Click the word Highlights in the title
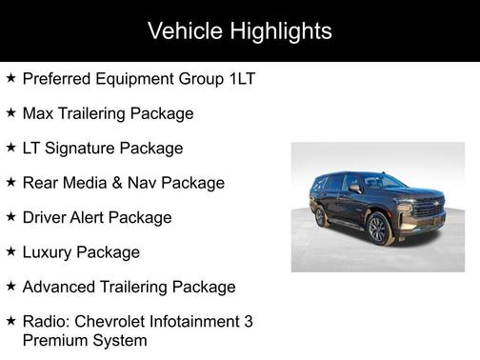coord(281,31)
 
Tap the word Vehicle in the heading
coord(185,31)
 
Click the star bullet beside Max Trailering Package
coord(10,112)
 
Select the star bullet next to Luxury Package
coord(10,251)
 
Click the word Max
coord(38,113)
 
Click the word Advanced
coord(59,286)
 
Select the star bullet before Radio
coord(10,320)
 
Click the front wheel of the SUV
coord(378,228)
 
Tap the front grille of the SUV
coord(429,207)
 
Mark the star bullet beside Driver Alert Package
coord(10,216)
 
